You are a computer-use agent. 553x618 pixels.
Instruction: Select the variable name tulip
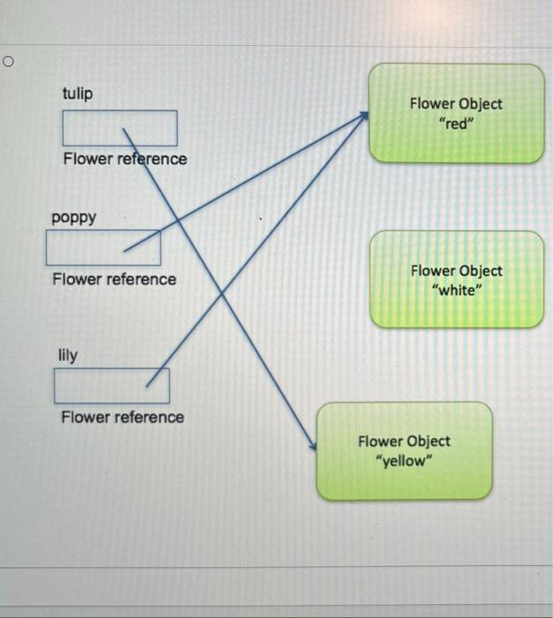[78, 94]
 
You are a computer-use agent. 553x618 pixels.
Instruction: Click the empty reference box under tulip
[119, 128]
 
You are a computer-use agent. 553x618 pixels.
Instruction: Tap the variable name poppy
[74, 216]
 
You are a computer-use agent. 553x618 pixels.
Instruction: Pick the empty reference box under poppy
[103, 248]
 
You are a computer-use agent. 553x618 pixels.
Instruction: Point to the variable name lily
[68, 356]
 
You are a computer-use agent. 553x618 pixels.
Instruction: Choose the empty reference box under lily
[112, 385]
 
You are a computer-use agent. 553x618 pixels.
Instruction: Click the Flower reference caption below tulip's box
[124, 160]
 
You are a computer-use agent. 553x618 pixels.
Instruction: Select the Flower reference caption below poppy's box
[114, 280]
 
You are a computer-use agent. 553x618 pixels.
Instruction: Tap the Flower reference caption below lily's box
[123, 417]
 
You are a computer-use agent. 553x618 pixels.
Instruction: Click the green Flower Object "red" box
[456, 113]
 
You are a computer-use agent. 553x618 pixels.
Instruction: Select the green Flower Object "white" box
[457, 280]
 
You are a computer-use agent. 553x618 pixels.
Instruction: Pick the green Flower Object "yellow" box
[404, 449]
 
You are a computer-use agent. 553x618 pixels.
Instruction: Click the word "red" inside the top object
[456, 124]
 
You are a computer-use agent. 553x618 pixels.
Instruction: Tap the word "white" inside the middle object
[456, 290]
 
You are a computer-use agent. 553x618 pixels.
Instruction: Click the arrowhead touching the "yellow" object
[313, 448]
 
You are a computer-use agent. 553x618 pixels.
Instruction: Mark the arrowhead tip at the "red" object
[367, 115]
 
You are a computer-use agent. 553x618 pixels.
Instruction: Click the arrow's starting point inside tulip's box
[123, 130]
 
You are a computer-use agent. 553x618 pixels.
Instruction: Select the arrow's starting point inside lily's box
[146, 385]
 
